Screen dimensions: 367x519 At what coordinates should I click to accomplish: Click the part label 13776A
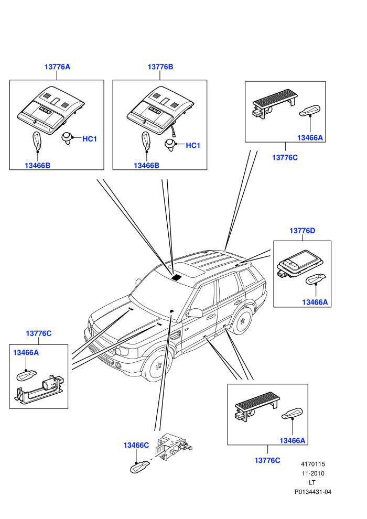[57, 67]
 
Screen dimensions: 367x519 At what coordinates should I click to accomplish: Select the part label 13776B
[160, 67]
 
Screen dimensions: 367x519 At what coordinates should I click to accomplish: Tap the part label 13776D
[302, 231]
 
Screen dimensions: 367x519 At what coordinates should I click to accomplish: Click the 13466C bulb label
[136, 445]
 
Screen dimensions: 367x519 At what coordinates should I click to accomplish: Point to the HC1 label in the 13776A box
[89, 139]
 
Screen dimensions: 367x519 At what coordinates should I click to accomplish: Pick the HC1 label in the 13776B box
[193, 145]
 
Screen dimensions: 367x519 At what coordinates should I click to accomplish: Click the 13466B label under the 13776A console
[37, 166]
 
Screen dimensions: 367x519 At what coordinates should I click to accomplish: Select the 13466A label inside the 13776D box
[315, 302]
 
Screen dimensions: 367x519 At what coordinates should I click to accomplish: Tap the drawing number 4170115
[312, 464]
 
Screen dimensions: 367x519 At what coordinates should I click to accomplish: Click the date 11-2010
[312, 473]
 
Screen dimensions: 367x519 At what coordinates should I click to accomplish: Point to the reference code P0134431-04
[312, 492]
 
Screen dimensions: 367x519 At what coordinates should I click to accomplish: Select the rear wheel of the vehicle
[243, 320]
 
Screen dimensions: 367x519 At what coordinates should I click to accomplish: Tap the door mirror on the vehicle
[195, 313]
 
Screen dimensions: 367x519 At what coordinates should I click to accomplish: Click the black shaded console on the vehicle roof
[177, 277]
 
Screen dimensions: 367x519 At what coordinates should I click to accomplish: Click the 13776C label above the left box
[39, 333]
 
